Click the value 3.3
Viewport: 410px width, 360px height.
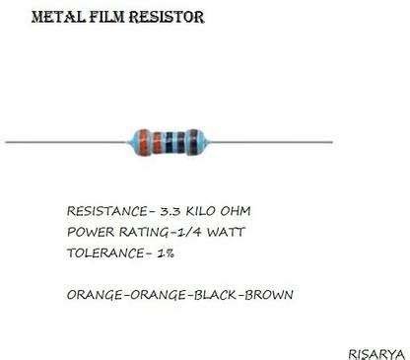pyautogui.click(x=161, y=212)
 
